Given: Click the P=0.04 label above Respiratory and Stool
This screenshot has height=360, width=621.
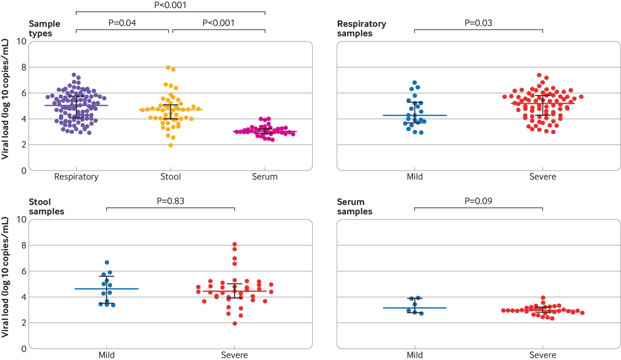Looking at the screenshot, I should [122, 23].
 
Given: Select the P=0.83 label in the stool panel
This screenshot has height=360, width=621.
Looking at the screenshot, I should [170, 201].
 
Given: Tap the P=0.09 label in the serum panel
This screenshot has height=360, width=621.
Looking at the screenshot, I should [478, 201].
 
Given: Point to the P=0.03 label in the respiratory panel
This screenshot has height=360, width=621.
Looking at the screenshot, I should [478, 23].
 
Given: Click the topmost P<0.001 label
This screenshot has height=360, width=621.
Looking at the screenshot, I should [170, 5].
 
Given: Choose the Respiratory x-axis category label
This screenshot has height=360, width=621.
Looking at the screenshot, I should [76, 177].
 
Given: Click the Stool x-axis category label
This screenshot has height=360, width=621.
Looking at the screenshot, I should [170, 177].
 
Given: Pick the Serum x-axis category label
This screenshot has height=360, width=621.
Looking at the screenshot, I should [265, 177].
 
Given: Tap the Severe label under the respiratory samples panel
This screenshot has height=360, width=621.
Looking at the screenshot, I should [542, 177].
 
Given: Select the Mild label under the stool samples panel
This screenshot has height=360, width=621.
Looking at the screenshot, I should [107, 355].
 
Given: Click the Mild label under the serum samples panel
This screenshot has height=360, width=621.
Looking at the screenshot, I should [415, 355].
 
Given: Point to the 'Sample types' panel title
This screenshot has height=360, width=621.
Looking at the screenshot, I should [44, 29].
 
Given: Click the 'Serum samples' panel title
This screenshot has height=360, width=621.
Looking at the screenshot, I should [355, 207].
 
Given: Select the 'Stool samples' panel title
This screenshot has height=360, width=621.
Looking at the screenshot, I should [46, 207].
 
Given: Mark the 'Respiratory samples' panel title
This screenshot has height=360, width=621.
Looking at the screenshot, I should [361, 29].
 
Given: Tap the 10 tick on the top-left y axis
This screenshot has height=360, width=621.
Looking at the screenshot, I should [21, 42].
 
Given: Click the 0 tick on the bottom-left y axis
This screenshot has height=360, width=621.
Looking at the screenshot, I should [24, 349].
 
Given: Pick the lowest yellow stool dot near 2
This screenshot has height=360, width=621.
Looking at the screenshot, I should [170, 145].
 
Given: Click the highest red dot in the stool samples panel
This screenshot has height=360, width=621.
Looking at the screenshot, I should [235, 244].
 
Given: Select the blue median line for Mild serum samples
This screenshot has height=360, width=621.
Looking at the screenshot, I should [415, 308].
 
